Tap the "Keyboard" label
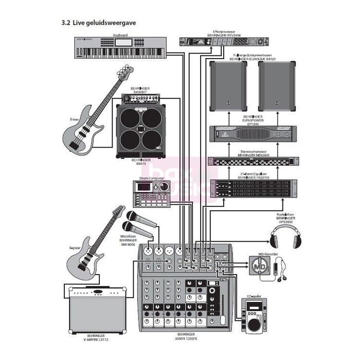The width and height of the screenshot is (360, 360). click(x=120, y=35)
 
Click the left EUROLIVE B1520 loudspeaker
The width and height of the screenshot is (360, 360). click(x=228, y=86)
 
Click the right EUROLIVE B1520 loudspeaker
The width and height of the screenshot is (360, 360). click(x=277, y=86)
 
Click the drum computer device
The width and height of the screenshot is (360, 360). click(x=152, y=193)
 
